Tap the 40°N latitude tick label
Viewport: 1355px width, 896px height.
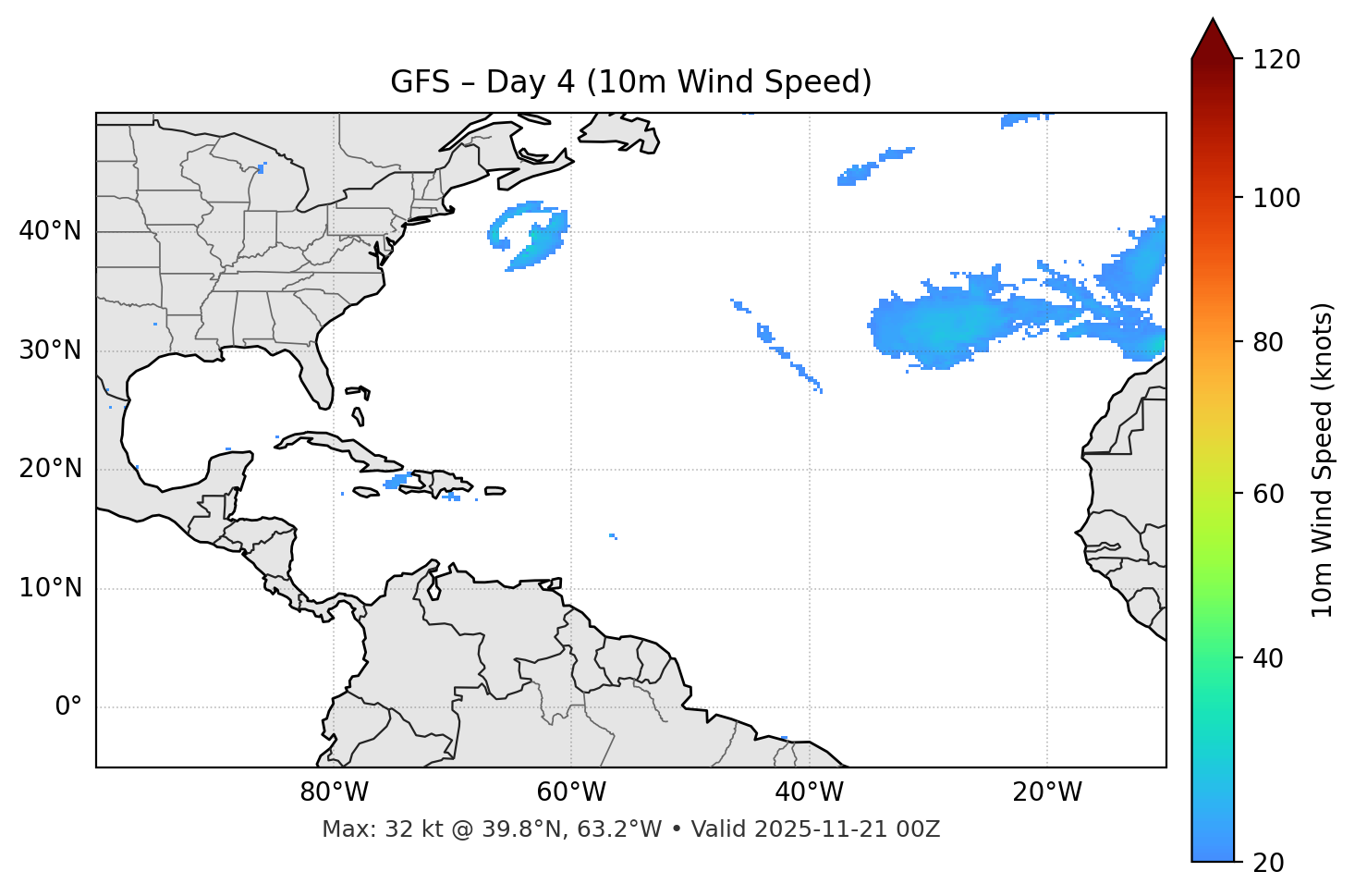(50, 231)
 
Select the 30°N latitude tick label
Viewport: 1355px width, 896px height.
(50, 350)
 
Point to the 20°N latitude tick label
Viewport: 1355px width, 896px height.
(50, 469)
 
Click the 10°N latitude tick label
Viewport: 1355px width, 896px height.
(50, 588)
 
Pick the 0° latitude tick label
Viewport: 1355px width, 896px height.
(67, 707)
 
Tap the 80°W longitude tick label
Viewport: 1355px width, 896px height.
(334, 792)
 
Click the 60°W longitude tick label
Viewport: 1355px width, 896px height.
(571, 792)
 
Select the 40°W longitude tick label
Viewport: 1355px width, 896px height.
(809, 792)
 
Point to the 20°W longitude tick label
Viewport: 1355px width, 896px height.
(1046, 792)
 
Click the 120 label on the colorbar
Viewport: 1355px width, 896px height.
(1277, 60)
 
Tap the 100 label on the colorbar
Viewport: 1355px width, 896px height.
(1277, 198)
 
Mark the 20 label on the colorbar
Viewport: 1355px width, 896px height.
(1269, 862)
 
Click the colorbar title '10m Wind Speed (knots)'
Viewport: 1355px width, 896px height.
(1323, 460)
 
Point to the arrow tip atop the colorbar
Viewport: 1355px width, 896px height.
(1213, 19)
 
